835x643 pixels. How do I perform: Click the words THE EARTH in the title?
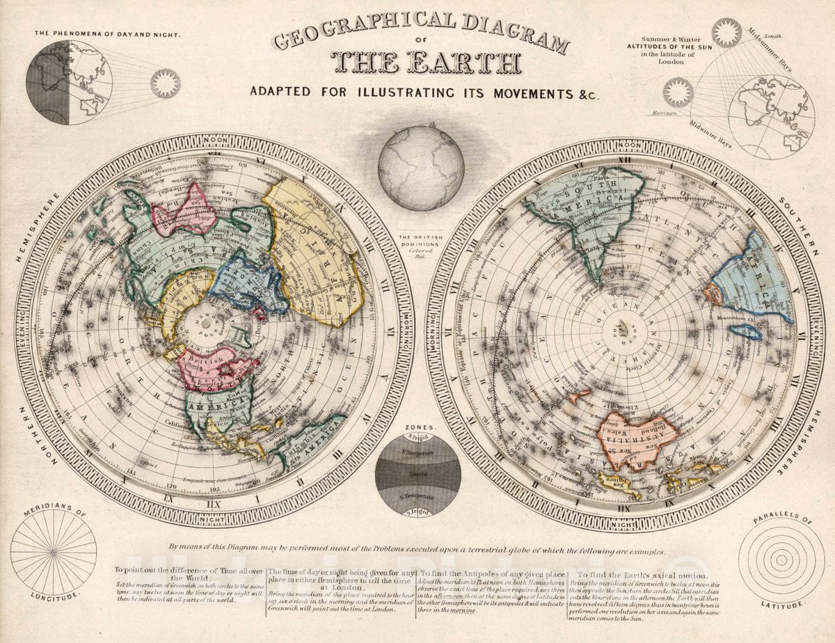coord(427,63)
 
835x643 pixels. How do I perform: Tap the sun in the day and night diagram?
coord(165,84)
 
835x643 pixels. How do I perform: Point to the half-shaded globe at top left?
coord(70,82)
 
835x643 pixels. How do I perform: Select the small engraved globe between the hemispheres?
coord(421,168)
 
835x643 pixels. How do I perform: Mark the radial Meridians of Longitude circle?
coord(54,553)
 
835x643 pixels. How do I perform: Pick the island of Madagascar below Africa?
coord(747,332)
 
